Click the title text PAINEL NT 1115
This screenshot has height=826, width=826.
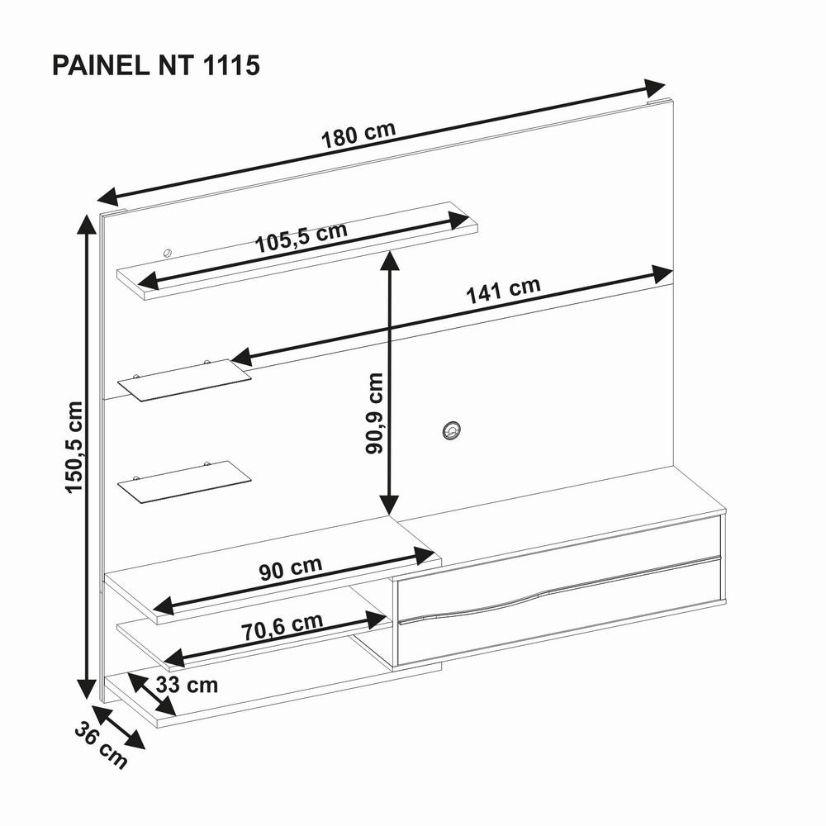click(156, 66)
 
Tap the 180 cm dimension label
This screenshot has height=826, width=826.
click(358, 135)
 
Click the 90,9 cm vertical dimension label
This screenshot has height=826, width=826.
click(375, 413)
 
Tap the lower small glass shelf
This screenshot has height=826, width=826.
click(184, 481)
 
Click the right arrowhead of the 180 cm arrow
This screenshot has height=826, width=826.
click(656, 86)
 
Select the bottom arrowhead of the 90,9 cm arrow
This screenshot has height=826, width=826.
click(388, 506)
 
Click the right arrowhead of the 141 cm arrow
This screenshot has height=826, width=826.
click(662, 274)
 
